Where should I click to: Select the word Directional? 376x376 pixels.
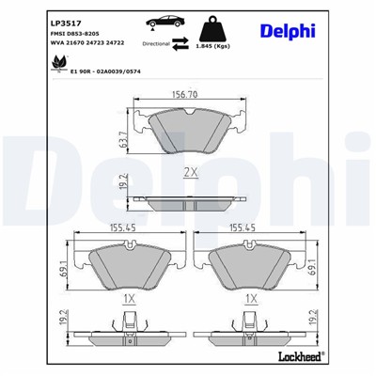click(x=155, y=43)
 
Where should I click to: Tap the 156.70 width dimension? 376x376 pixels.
click(x=189, y=95)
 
